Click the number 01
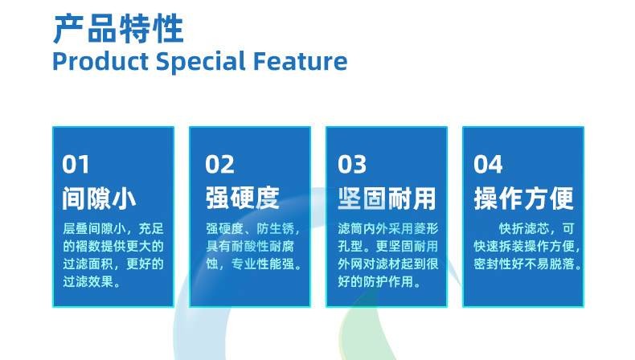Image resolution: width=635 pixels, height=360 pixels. click(76, 165)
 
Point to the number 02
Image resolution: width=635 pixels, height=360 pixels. click(219, 165)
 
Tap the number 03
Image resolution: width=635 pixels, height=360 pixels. click(352, 165)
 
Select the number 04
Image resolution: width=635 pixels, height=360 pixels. click(488, 165)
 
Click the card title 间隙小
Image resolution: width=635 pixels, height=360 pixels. click(99, 198)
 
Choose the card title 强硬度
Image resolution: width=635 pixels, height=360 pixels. click(242, 198)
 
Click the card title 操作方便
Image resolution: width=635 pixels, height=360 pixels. click(523, 198)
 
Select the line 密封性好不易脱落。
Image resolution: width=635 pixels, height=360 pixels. click(527, 264)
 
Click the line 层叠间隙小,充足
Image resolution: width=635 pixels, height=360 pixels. click(113, 228)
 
